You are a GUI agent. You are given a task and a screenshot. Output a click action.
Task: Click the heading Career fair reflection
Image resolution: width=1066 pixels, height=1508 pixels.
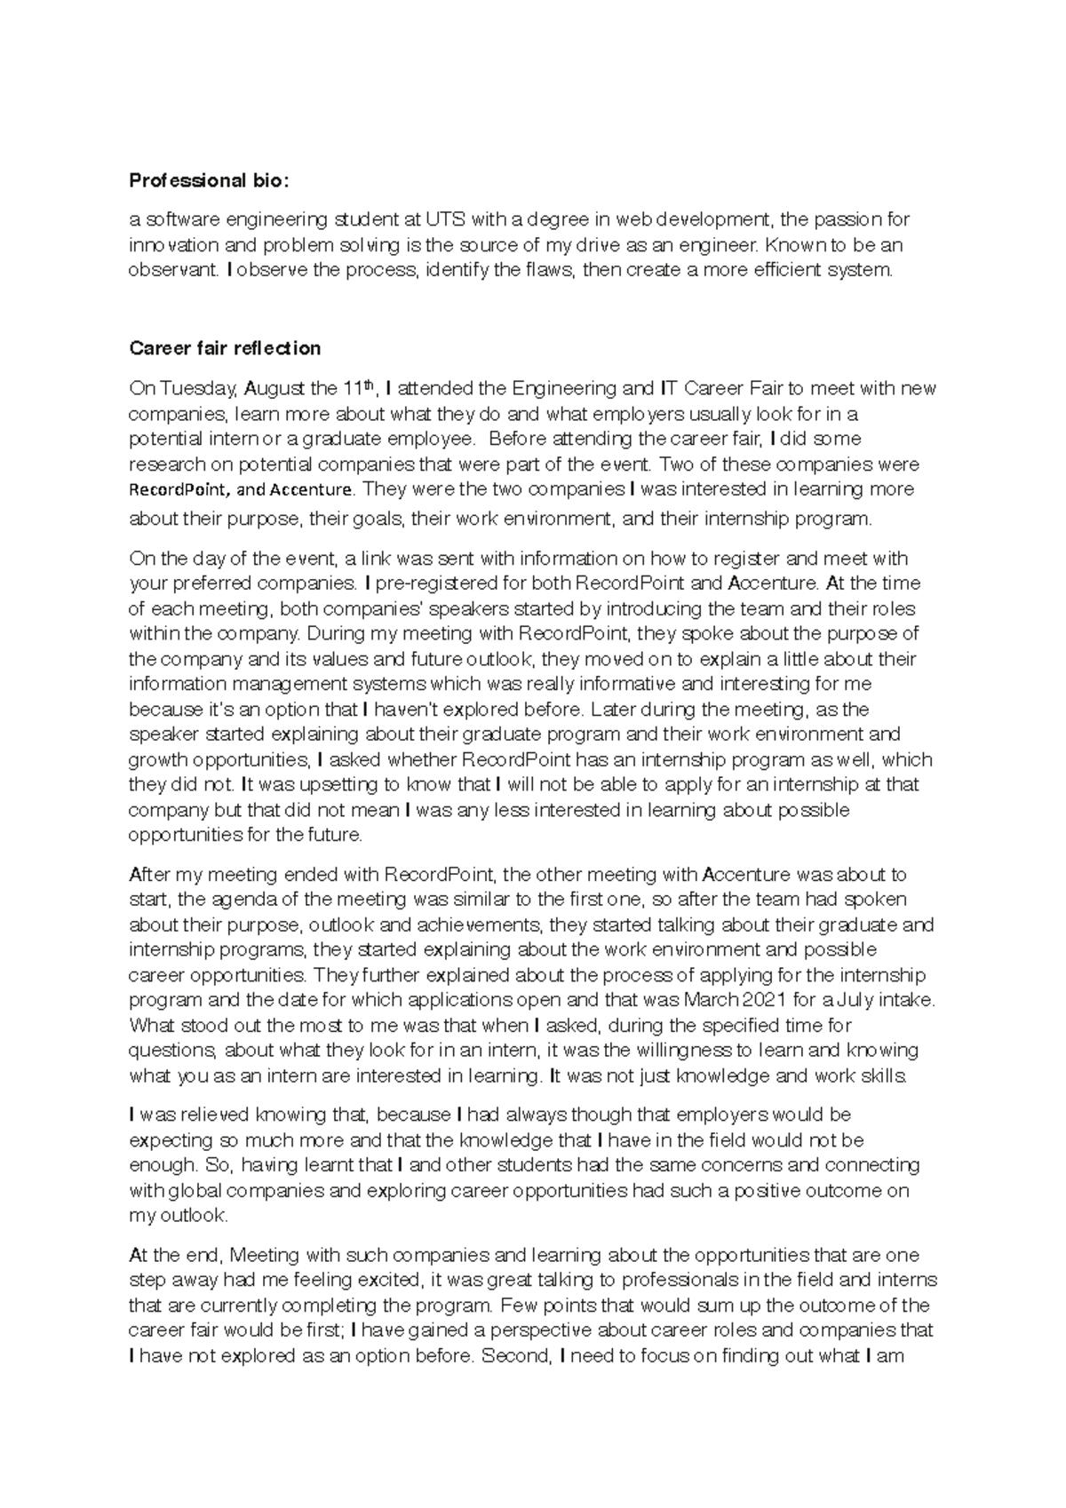point(225,348)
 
